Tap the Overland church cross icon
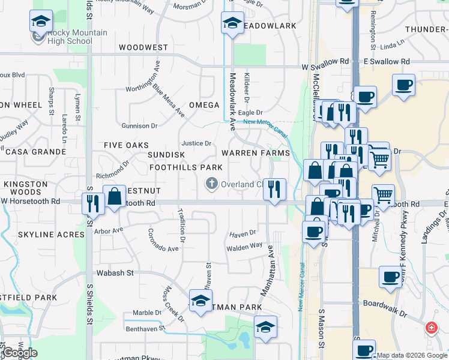[x=211, y=184]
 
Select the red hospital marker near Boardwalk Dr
[x=431, y=328]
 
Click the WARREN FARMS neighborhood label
[x=256, y=153]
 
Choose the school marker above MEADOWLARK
[x=232, y=23]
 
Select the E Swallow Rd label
[x=387, y=62]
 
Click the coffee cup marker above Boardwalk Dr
[x=390, y=277]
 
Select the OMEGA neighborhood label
[x=204, y=105]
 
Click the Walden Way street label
[x=244, y=245]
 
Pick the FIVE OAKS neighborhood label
[x=126, y=145]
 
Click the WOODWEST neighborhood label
[x=143, y=47]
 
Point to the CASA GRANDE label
[x=35, y=152]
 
